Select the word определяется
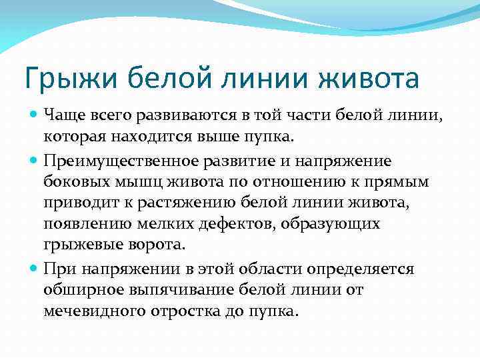coord(358,269)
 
